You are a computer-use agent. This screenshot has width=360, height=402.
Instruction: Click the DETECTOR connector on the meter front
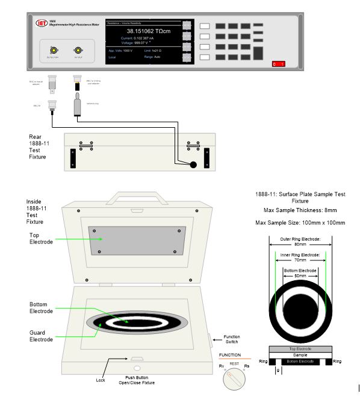[x=53, y=51]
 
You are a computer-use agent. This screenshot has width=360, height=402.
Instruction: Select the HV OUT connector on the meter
[x=77, y=51]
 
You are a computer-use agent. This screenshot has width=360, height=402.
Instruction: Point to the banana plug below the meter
[x=77, y=106]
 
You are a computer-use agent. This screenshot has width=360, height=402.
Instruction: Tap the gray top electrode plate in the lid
[x=136, y=242]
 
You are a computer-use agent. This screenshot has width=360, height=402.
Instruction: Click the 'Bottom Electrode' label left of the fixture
[x=43, y=307]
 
